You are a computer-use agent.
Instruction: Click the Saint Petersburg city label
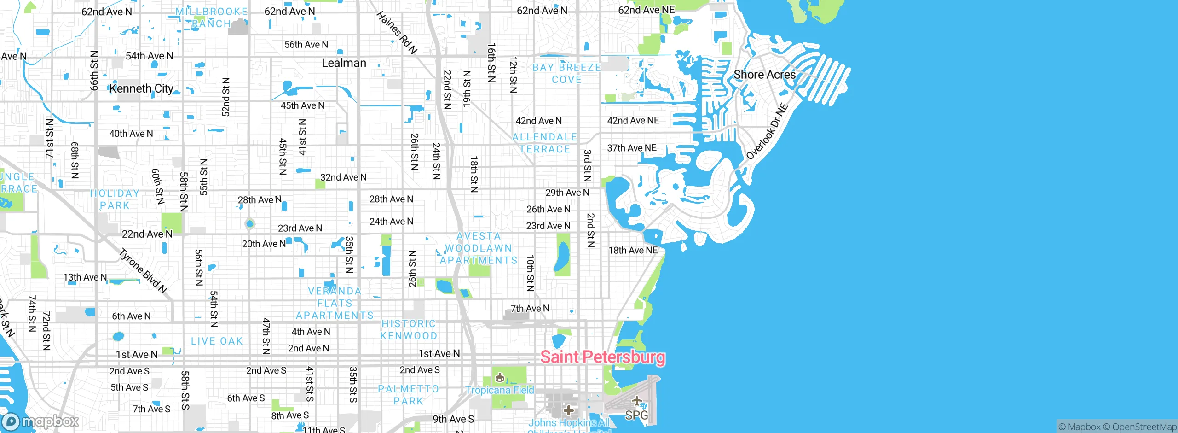click(602, 357)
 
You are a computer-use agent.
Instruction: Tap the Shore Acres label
click(764, 75)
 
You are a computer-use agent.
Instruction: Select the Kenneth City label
click(141, 88)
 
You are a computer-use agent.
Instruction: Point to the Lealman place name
click(344, 63)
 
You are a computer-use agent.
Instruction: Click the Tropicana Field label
click(500, 390)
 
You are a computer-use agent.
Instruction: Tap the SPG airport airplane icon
click(637, 401)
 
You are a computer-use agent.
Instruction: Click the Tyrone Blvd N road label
click(143, 271)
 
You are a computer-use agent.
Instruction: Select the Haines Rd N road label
click(397, 33)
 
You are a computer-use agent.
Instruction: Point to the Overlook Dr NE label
click(767, 132)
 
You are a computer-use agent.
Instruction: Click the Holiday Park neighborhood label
click(115, 199)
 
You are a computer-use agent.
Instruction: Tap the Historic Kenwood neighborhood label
click(409, 330)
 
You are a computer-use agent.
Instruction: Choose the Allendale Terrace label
click(545, 143)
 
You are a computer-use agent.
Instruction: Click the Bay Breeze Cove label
click(567, 74)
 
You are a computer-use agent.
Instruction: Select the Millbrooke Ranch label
click(212, 18)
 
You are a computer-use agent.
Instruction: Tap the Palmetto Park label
click(409, 395)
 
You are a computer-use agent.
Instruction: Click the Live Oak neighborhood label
click(217, 341)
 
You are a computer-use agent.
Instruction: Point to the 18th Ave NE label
click(633, 250)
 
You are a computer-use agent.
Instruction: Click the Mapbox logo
click(40, 421)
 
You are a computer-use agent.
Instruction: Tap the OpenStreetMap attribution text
click(1144, 427)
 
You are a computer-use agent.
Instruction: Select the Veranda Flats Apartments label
click(335, 303)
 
